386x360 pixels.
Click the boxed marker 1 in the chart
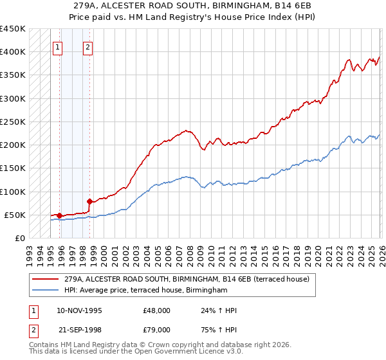[x=58, y=46]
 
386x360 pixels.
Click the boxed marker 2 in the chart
[x=87, y=46]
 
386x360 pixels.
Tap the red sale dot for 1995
[x=59, y=215]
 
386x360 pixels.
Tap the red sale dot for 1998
[x=89, y=201]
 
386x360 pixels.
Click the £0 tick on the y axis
[x=21, y=238]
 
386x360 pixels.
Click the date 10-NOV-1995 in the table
[x=80, y=310]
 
